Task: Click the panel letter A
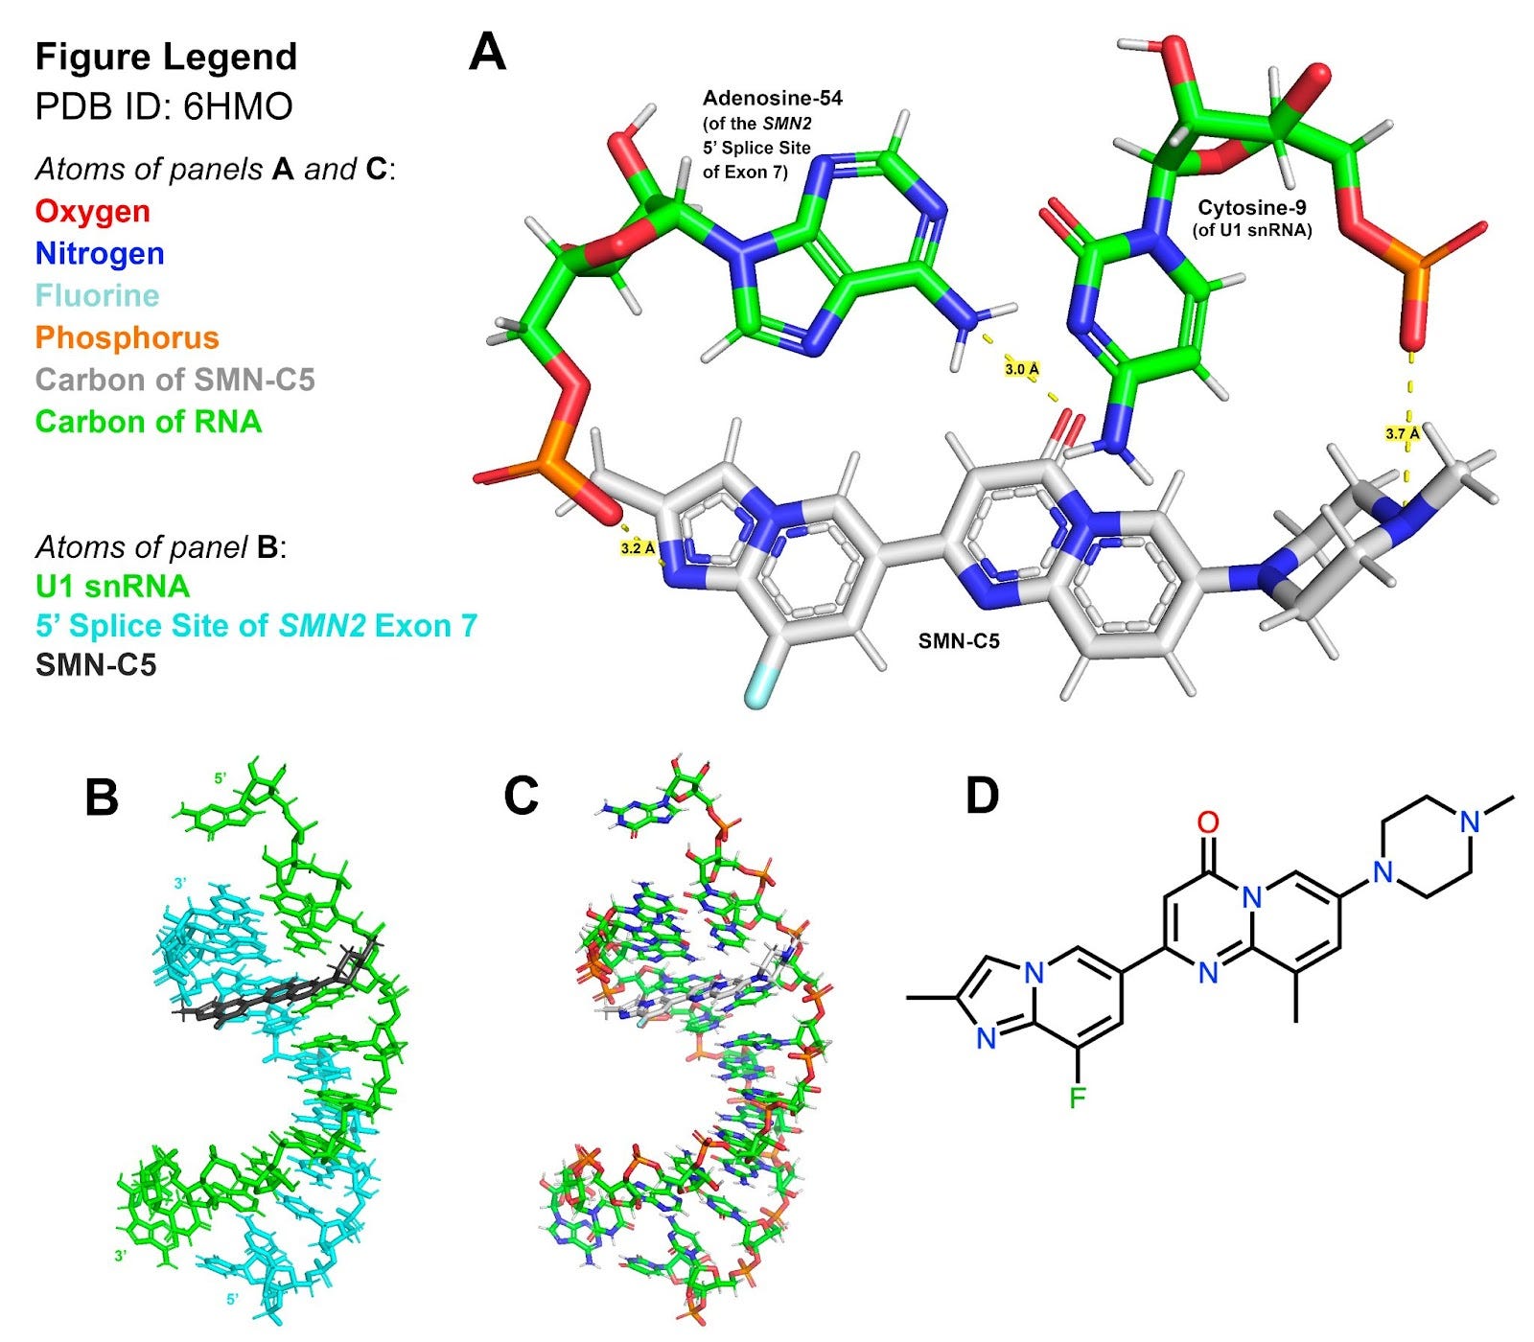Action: [487, 53]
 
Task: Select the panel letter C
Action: [522, 796]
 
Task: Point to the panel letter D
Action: [982, 796]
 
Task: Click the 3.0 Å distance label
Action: [1022, 368]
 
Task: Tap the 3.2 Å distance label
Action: [639, 548]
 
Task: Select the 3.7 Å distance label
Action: [1403, 433]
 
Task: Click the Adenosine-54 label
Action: [772, 98]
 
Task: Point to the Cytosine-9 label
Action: [1251, 207]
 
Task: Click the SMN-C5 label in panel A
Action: [959, 641]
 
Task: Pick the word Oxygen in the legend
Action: [93, 211]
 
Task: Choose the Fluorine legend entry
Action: [97, 295]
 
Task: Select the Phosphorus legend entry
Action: [128, 337]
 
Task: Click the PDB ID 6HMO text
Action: [164, 106]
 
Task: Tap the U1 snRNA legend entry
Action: [112, 586]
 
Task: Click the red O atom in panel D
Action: [1208, 821]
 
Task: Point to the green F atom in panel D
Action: [1077, 1097]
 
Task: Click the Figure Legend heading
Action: [166, 57]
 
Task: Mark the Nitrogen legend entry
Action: [100, 253]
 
